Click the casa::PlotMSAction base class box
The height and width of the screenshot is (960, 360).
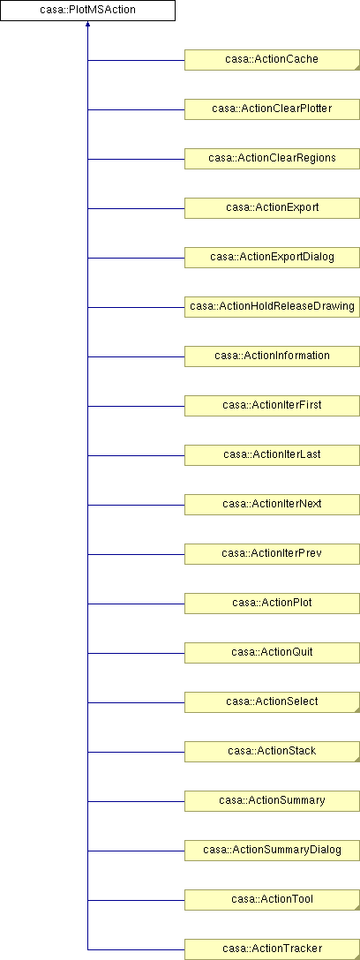(87, 11)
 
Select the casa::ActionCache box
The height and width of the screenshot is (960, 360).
(272, 60)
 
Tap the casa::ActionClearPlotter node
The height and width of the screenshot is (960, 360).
(272, 109)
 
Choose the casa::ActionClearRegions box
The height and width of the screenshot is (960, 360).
(272, 159)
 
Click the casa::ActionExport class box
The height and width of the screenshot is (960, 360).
(272, 208)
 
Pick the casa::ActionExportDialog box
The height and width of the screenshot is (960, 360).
(272, 258)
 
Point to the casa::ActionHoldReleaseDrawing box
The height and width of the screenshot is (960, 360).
(272, 307)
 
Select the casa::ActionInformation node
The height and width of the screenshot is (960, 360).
(272, 356)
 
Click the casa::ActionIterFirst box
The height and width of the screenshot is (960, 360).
(272, 406)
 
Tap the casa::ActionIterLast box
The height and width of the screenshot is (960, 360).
(272, 455)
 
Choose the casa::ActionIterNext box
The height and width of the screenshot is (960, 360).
(272, 505)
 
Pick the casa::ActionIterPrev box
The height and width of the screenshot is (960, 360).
(272, 554)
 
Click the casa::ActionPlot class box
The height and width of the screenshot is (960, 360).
(272, 604)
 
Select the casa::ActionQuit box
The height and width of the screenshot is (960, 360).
(272, 653)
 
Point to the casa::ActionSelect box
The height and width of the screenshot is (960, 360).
(272, 702)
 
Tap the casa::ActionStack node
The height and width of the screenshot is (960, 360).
(272, 752)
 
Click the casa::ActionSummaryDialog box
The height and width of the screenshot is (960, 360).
(272, 851)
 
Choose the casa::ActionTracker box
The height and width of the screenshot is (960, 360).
(272, 949)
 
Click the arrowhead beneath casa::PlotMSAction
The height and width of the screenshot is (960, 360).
(87, 24)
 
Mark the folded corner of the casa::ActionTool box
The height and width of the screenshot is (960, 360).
(357, 907)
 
